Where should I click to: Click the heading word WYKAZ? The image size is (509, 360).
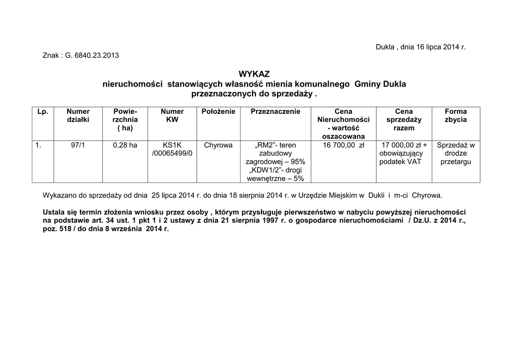pyautogui.click(x=254, y=74)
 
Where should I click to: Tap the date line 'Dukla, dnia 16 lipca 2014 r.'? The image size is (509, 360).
pyautogui.click(x=421, y=47)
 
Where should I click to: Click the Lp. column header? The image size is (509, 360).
pyautogui.click(x=43, y=111)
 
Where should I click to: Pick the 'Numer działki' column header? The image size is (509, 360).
pyautogui.click(x=78, y=115)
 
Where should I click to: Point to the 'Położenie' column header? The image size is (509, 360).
pyautogui.click(x=218, y=111)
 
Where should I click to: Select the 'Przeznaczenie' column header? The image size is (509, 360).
pyautogui.click(x=275, y=111)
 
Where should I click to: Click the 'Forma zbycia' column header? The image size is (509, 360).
pyautogui.click(x=455, y=115)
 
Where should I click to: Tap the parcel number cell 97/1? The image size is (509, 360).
pyautogui.click(x=78, y=145)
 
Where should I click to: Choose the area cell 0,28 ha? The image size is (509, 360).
pyautogui.click(x=125, y=145)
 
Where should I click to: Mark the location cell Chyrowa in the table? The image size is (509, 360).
pyautogui.click(x=218, y=145)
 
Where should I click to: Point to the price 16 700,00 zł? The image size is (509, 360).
pyautogui.click(x=343, y=145)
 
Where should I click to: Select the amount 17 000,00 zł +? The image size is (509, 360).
pyautogui.click(x=404, y=145)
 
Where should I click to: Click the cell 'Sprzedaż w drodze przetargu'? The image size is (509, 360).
pyautogui.click(x=455, y=154)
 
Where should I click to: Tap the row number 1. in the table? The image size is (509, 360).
pyautogui.click(x=38, y=145)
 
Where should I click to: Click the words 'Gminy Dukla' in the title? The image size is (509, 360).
pyautogui.click(x=380, y=84)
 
